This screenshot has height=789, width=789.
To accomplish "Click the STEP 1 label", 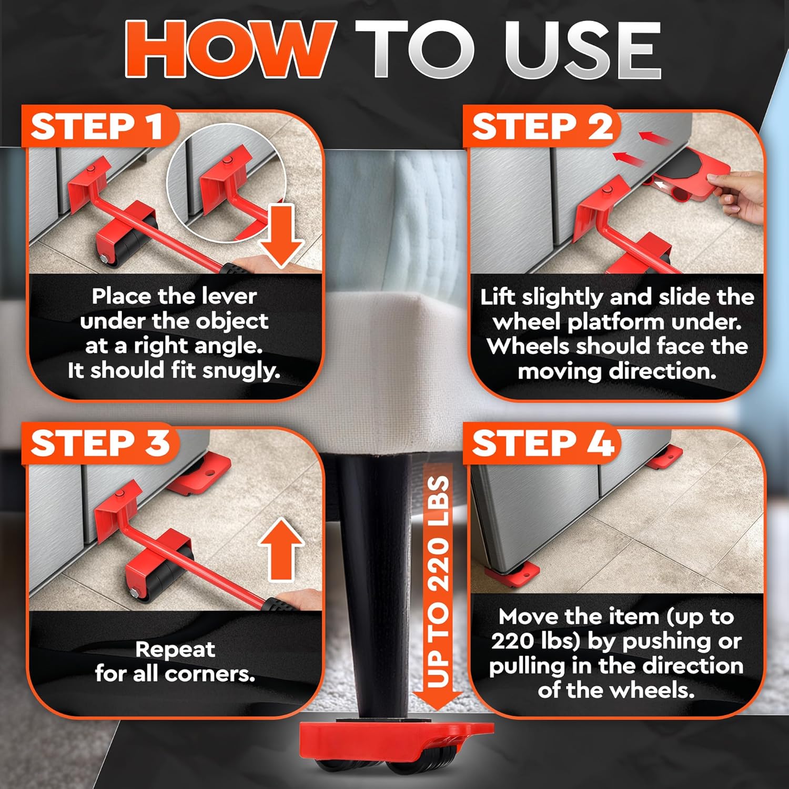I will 97,127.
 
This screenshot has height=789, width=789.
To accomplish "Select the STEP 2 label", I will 542,127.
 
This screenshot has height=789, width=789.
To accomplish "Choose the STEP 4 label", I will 542,443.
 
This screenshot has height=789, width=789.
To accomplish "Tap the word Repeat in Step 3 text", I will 175,649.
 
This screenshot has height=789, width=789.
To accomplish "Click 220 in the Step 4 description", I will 512,641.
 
